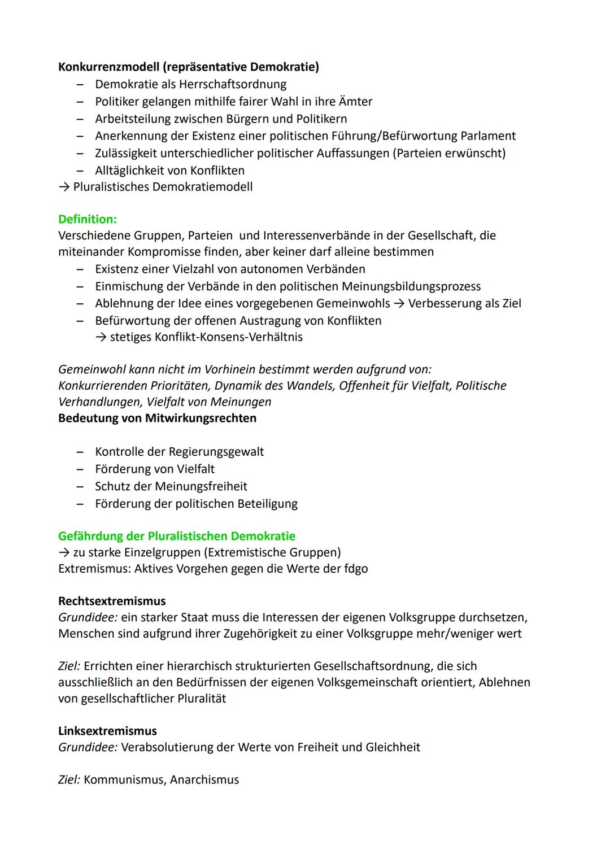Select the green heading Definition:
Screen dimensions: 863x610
(x=88, y=219)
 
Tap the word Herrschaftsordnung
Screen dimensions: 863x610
(x=232, y=85)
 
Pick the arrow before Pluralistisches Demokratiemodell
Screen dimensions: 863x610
(x=64, y=187)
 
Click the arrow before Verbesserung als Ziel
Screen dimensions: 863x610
(x=399, y=304)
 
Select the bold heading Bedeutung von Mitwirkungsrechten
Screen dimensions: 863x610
(x=157, y=419)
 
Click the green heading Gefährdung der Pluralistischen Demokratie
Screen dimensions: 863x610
(x=177, y=536)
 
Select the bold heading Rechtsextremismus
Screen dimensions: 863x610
(x=112, y=602)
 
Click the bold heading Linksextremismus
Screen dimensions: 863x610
(x=107, y=731)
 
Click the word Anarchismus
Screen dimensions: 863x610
(x=204, y=780)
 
